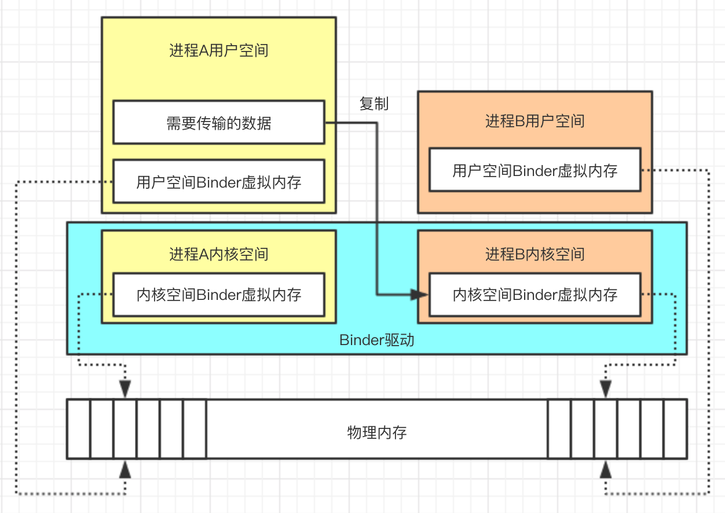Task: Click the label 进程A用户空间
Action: pyautogui.click(x=218, y=50)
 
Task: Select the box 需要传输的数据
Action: pyautogui.click(x=218, y=123)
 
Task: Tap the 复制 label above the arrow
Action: pyautogui.click(x=374, y=104)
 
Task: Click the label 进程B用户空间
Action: pyautogui.click(x=534, y=121)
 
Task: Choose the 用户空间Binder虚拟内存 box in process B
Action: pyautogui.click(x=534, y=170)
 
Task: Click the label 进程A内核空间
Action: pyautogui.click(x=218, y=254)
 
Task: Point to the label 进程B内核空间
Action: pyautogui.click(x=534, y=254)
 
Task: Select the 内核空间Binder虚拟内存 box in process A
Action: pyautogui.click(x=218, y=295)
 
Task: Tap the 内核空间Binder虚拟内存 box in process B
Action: pyautogui.click(x=534, y=295)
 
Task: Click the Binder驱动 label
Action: pyautogui.click(x=376, y=340)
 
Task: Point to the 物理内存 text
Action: pyautogui.click(x=377, y=432)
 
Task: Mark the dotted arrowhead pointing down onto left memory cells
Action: pyautogui.click(x=125, y=389)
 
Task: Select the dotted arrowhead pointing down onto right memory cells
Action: pyautogui.click(x=606, y=389)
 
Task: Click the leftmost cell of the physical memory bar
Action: pyautogui.click(x=79, y=429)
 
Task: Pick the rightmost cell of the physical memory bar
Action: pyautogui.click(x=675, y=429)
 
